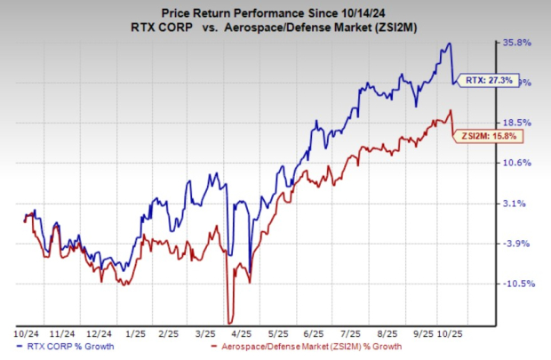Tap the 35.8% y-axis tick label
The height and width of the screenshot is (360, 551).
(518, 42)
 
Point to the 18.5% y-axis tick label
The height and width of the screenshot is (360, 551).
(518, 122)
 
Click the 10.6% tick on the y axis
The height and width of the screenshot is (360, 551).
(518, 163)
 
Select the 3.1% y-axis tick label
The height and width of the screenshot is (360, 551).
(518, 204)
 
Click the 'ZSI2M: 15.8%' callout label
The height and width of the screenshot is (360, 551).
(485, 136)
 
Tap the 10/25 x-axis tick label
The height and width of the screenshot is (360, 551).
(444, 333)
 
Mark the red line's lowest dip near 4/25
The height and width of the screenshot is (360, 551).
(230, 322)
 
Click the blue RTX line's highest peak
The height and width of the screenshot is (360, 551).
(450, 44)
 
